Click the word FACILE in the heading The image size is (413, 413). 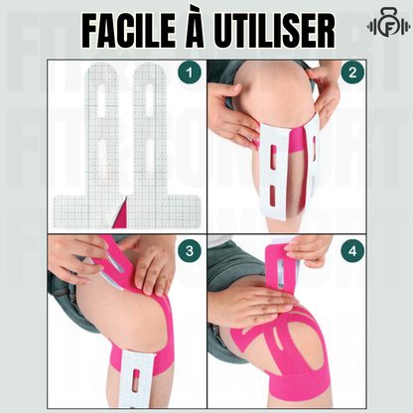point(129,31)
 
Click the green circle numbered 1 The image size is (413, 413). point(190,72)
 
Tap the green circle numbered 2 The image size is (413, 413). point(352,72)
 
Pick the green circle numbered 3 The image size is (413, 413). point(190,251)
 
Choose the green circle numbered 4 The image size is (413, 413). point(352,251)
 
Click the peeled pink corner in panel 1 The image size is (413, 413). point(121,215)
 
